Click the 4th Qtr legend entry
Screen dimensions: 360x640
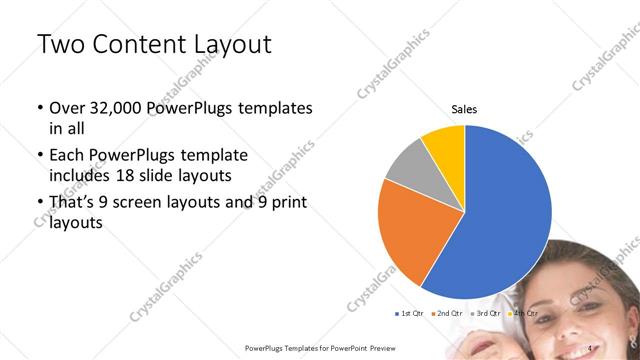(522, 314)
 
